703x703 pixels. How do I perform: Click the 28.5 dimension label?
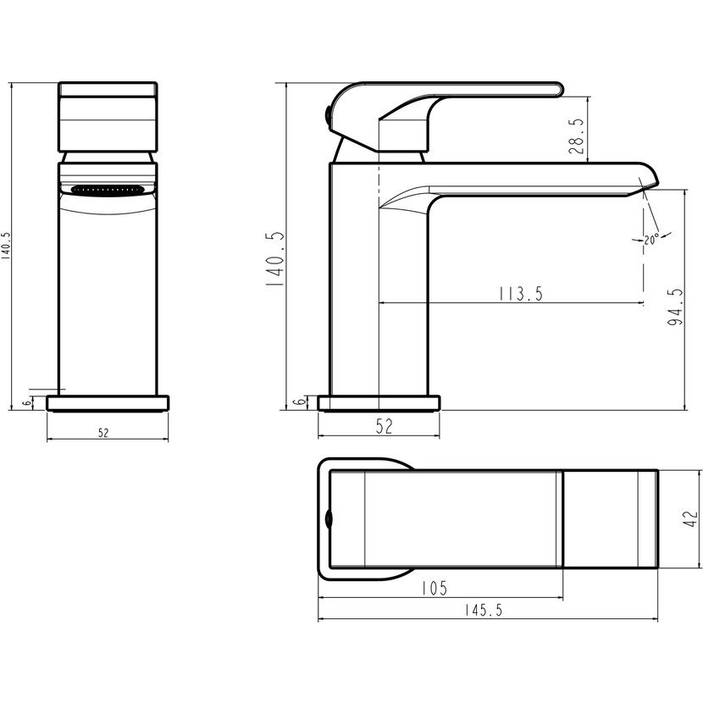point(577,136)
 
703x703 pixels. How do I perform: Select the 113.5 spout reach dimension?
point(521,294)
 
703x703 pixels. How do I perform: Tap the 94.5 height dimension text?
point(675,307)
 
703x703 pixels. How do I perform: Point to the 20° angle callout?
point(652,240)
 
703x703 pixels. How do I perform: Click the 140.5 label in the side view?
point(274,259)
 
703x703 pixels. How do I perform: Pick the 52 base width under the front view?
point(103,433)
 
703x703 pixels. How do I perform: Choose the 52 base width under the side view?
point(385,426)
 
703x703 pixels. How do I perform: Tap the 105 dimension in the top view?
point(435,588)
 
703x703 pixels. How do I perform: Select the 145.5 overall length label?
point(484,610)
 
